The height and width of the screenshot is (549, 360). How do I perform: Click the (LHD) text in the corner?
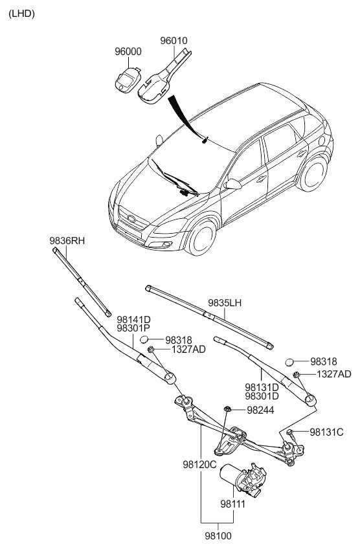pos(22,14)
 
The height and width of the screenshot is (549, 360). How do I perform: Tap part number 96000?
pos(128,52)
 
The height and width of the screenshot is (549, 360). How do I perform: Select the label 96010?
pos(174,41)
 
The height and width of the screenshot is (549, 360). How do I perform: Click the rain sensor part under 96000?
pos(128,80)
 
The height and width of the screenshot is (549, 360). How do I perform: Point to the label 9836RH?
pos(67,241)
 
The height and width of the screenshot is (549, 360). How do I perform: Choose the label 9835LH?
pos(225,303)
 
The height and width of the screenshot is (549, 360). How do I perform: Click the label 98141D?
pos(134,320)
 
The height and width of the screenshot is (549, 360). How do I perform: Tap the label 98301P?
pos(134,329)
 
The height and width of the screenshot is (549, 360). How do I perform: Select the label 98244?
pos(260,410)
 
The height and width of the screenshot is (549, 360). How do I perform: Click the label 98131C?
pos(326,432)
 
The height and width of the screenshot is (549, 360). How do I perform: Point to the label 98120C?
pos(199,465)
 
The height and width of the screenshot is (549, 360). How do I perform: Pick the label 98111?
pos(233,504)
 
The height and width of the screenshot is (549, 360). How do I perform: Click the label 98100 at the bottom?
pos(218,536)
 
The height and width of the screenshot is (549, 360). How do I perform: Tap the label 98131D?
pos(262,387)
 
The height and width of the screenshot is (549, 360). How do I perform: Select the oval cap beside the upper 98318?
pos(144,339)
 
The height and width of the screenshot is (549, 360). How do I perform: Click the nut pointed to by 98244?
pos(227,409)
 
